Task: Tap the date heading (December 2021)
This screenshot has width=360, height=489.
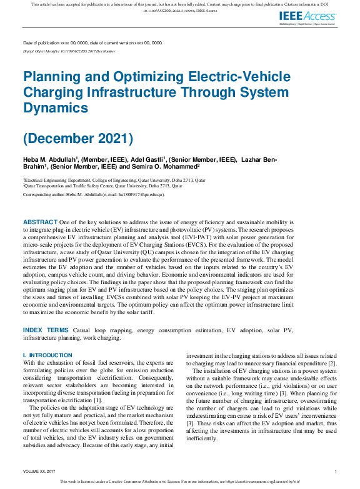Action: point(78,137)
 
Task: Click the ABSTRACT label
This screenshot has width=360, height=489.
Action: point(40,222)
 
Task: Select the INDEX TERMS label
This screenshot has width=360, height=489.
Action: point(46,329)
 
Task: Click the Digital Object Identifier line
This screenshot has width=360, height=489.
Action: point(69,51)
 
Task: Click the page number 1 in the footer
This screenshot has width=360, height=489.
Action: point(336,472)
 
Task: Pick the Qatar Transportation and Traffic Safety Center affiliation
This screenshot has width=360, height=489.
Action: point(103,185)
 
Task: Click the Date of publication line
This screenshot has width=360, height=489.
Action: point(92,42)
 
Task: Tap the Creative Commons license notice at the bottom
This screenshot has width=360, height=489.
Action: point(180,482)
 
